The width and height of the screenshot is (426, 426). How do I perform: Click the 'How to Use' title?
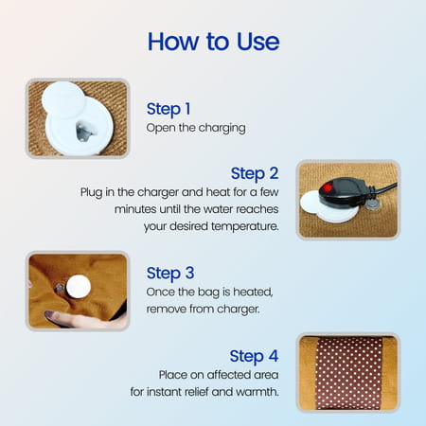coord(212,43)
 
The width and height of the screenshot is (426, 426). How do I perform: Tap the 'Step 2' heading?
coord(255,173)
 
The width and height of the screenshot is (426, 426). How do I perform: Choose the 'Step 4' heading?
coord(255,356)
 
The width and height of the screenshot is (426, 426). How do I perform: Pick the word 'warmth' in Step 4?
coord(256,392)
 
